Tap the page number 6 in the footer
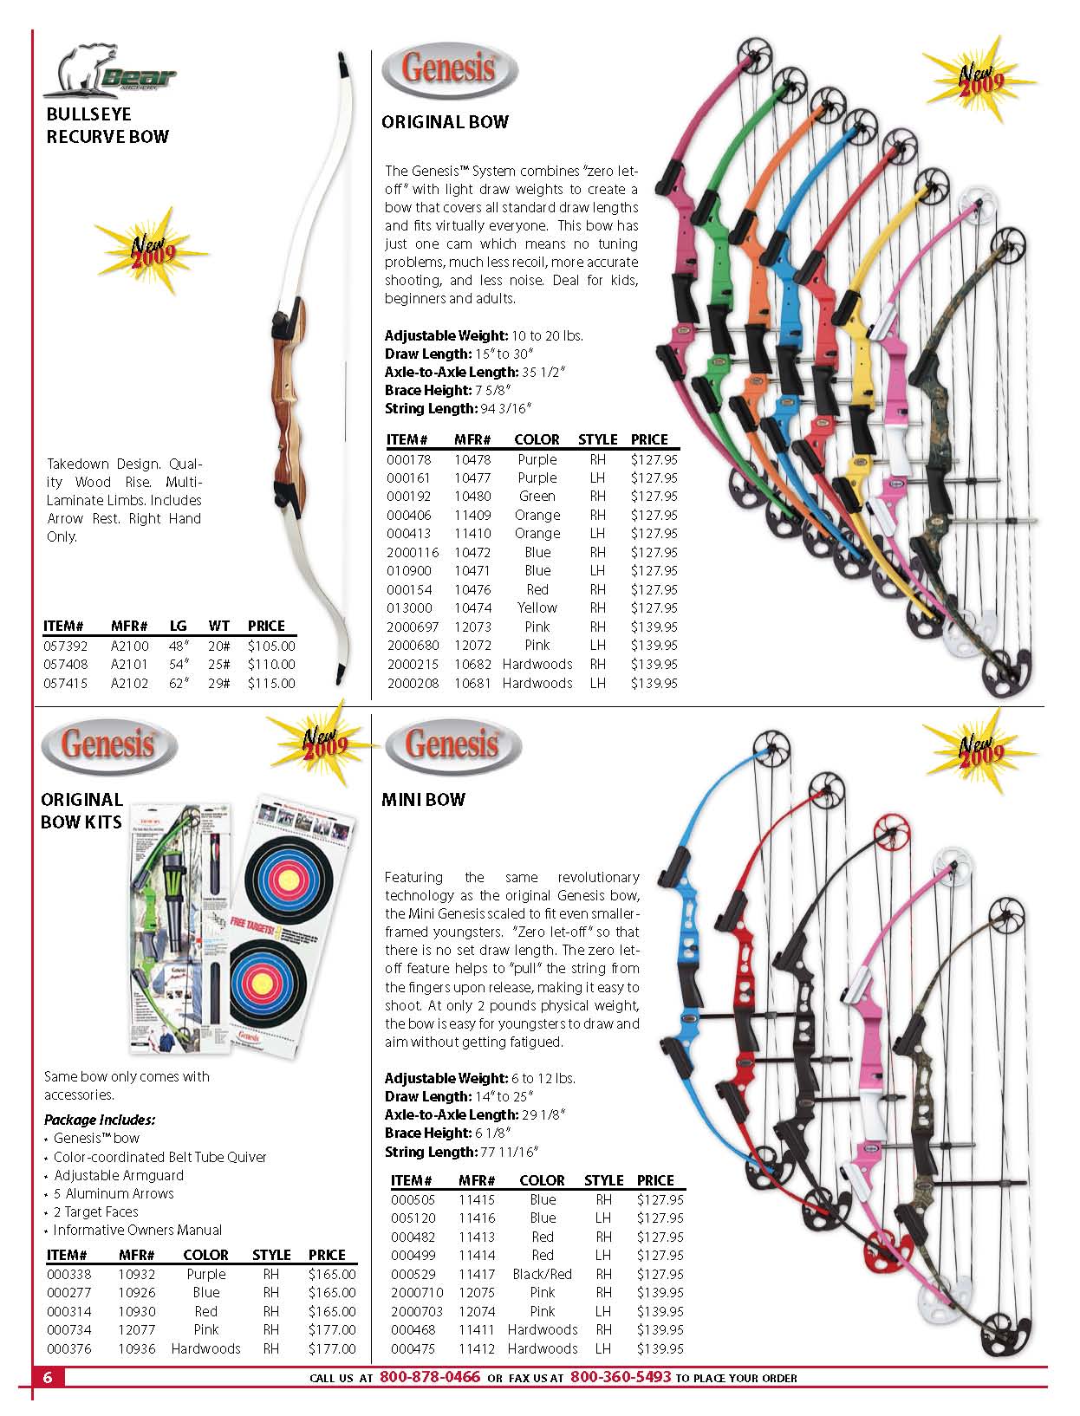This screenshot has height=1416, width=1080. click(x=48, y=1377)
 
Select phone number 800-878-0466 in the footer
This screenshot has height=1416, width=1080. click(x=430, y=1377)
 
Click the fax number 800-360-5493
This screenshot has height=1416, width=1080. click(x=621, y=1377)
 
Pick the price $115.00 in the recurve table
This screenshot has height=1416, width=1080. click(x=271, y=683)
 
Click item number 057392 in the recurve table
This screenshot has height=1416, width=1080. click(x=66, y=646)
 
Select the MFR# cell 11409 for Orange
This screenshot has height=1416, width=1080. click(x=473, y=516)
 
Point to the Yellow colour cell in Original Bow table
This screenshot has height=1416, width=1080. click(x=537, y=607)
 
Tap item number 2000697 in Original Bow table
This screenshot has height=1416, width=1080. click(x=413, y=627)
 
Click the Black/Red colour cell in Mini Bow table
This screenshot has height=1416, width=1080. click(x=543, y=1274)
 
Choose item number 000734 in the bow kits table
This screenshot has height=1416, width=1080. click(x=69, y=1329)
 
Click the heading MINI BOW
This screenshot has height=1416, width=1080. click(x=423, y=799)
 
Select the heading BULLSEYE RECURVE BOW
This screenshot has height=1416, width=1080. click(x=107, y=125)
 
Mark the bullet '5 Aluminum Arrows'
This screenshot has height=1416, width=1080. click(x=114, y=1193)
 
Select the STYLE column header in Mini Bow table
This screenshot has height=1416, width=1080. click(x=604, y=1180)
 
